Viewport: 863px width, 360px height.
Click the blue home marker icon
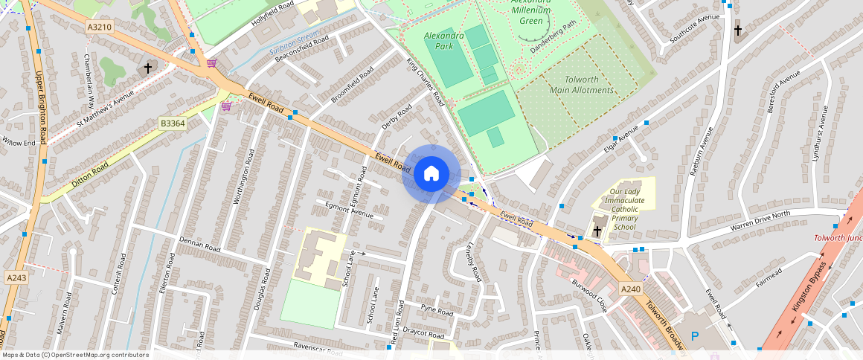coord(431,174)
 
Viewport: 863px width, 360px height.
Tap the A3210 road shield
coord(99,27)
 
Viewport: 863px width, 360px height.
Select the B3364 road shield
coord(172,123)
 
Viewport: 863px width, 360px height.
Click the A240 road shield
coord(630,289)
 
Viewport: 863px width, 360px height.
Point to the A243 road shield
coord(16,277)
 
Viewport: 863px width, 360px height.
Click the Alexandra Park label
coord(444,40)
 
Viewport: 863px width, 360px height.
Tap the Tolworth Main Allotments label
coord(582,85)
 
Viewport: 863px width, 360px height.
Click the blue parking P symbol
coord(695,336)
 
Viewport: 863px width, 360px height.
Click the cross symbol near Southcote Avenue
coord(738,31)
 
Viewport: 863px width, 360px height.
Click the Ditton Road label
coord(90,174)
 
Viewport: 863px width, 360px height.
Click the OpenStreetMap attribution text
coord(74,355)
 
